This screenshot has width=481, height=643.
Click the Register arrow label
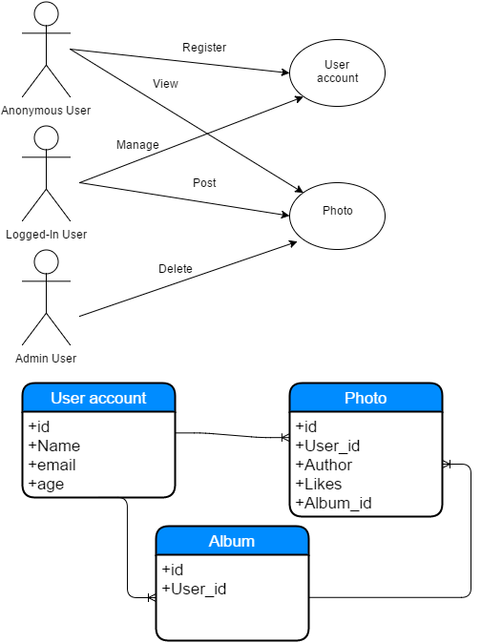204,48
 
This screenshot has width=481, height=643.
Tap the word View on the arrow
166,84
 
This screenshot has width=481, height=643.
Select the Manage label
137,145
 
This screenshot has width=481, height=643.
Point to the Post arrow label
204,182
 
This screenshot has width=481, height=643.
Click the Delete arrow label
176,269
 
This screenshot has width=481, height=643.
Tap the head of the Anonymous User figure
47,13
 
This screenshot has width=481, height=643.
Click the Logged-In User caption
47,235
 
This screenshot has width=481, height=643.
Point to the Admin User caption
46,359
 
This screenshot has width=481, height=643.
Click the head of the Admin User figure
47,261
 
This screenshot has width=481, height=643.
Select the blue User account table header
98,398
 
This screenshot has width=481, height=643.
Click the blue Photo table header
366,398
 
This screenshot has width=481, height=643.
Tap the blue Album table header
232,541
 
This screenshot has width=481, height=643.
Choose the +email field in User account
52,465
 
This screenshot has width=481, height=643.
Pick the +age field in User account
46,485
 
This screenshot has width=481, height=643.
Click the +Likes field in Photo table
319,484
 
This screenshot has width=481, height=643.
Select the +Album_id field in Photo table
334,503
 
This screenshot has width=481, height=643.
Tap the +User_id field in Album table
195,589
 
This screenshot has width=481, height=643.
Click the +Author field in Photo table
324,465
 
